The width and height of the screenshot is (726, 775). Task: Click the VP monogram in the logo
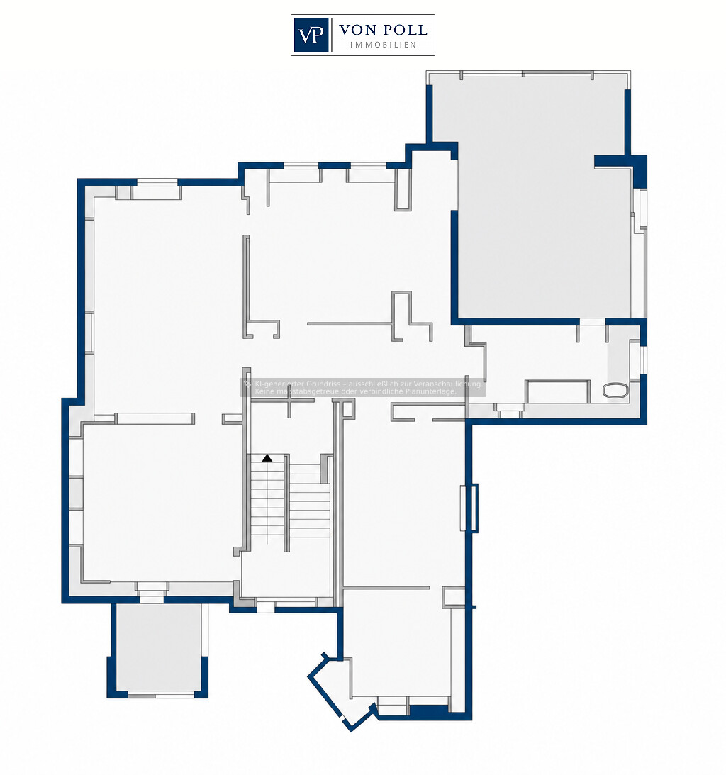click(311, 35)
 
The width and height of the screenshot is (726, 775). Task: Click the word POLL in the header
click(404, 30)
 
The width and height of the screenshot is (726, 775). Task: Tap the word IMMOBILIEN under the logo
click(383, 45)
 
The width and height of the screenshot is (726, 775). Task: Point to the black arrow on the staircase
click(267, 458)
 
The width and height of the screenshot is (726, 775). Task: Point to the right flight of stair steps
click(309, 502)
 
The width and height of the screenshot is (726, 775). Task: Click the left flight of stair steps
click(267, 499)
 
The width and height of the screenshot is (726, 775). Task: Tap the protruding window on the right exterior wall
click(469, 508)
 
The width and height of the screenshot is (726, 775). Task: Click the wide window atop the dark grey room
click(527, 74)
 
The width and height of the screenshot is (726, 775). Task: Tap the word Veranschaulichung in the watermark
click(447, 384)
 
